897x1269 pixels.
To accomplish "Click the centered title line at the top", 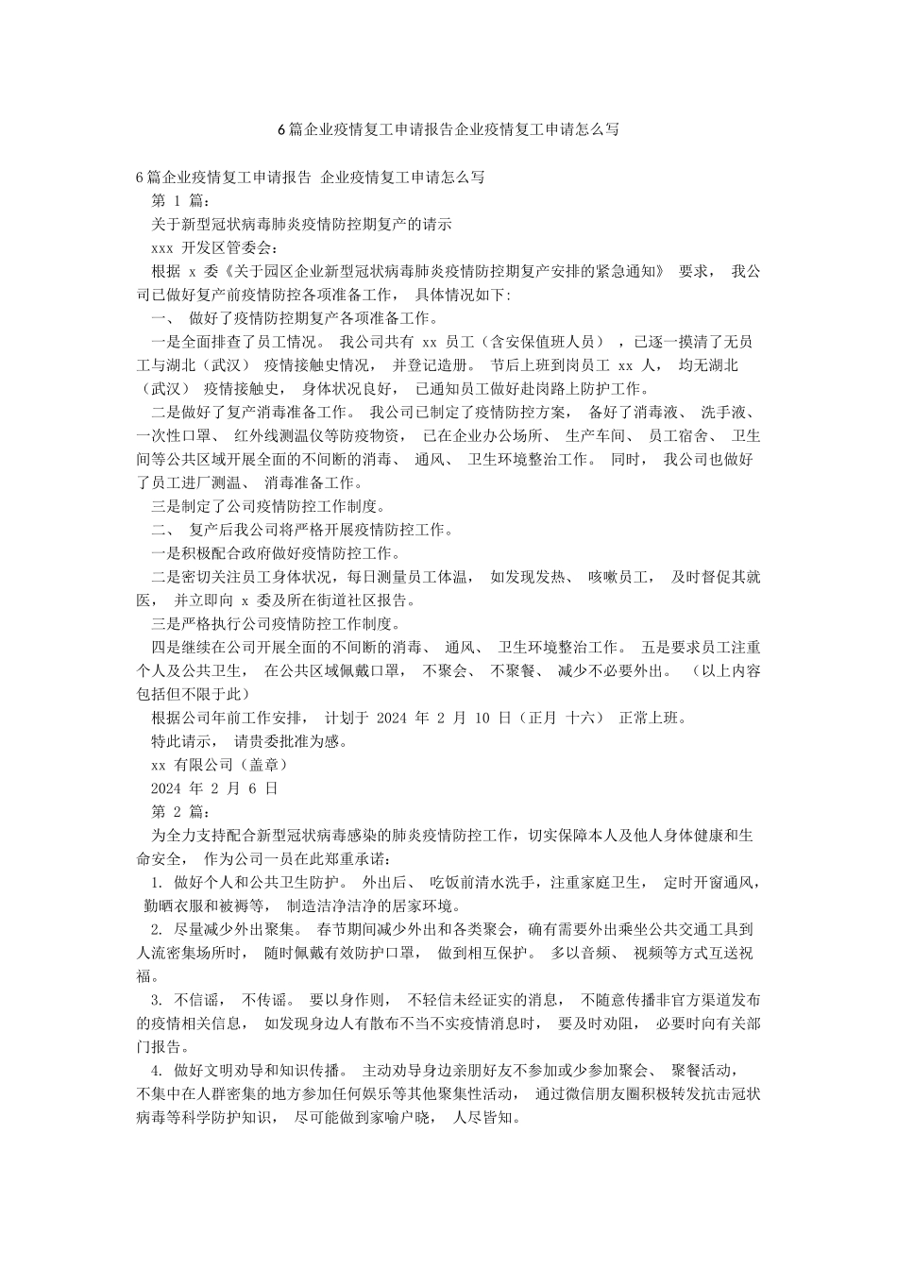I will [448, 129].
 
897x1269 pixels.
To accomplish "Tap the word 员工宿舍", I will [675, 436].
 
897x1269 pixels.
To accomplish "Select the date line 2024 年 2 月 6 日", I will [214, 787].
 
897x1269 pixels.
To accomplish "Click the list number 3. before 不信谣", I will [157, 1000].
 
